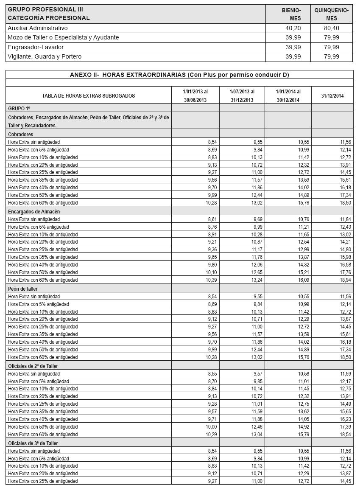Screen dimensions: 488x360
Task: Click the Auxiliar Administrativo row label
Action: (x=38, y=28)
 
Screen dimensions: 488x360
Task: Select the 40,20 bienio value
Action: (x=293, y=28)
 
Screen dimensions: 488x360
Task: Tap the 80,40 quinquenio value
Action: (x=331, y=28)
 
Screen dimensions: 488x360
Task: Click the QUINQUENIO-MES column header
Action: (x=332, y=14)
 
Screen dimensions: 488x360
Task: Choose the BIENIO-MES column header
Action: (x=292, y=14)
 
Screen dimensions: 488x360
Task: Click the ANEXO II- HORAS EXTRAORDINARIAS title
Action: (x=179, y=75)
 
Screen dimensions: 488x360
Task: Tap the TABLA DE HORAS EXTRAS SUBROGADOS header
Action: (x=89, y=96)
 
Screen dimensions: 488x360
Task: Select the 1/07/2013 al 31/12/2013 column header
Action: (x=242, y=95)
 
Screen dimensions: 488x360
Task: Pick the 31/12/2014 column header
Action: (x=332, y=96)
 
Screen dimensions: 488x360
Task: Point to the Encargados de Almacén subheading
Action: (x=33, y=211)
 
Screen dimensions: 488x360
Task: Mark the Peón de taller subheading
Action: (x=22, y=289)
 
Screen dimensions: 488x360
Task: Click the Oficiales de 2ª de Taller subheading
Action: (x=33, y=366)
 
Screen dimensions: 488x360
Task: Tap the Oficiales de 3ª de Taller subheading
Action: (x=33, y=443)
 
